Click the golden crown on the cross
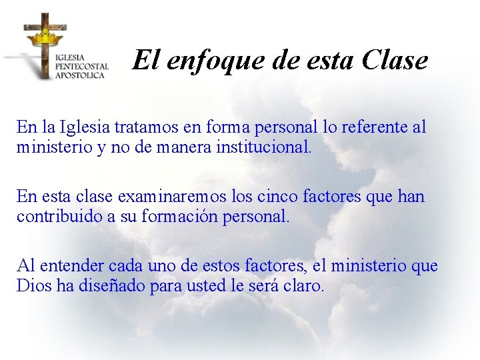(45, 33)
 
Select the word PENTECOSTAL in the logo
(81, 67)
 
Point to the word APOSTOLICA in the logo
(80, 75)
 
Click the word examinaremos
(171, 197)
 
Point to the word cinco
(276, 197)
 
